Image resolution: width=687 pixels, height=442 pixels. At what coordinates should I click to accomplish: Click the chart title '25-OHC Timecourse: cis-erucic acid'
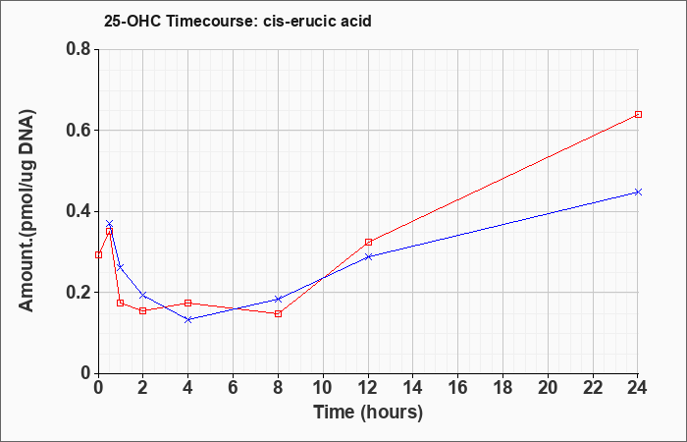click(238, 21)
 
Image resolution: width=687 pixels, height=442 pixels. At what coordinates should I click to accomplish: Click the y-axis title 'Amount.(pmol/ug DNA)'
click(27, 210)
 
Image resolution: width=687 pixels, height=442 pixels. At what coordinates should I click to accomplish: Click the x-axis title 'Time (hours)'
click(368, 413)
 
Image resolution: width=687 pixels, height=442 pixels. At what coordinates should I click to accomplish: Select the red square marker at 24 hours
click(638, 115)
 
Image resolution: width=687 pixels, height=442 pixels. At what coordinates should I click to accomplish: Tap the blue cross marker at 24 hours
click(638, 193)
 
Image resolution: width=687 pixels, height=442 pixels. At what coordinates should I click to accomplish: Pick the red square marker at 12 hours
click(368, 242)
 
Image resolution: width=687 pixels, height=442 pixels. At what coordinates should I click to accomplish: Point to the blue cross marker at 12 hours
click(368, 257)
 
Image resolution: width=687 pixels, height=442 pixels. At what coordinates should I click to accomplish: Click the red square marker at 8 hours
click(278, 313)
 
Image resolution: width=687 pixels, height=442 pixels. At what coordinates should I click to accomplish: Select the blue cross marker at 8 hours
click(278, 299)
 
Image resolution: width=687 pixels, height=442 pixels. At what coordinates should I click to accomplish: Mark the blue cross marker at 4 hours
click(188, 319)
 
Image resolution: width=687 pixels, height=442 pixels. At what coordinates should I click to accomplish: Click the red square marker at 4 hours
click(188, 303)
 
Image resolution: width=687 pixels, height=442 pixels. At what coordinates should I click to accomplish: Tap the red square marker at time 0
click(98, 254)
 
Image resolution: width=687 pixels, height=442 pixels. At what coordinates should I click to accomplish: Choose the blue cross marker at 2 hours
click(143, 295)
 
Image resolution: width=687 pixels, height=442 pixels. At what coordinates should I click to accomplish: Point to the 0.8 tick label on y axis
click(78, 49)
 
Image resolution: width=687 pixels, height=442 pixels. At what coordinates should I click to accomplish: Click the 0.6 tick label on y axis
click(78, 130)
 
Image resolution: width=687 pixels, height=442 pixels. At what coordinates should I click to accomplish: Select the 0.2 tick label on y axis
click(78, 292)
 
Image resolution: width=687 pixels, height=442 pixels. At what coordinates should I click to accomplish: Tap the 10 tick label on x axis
click(323, 388)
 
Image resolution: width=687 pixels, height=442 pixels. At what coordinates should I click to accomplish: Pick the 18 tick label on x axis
click(503, 388)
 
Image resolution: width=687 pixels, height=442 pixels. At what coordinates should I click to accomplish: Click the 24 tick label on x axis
click(637, 388)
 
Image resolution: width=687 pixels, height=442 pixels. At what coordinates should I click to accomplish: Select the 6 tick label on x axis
click(234, 388)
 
